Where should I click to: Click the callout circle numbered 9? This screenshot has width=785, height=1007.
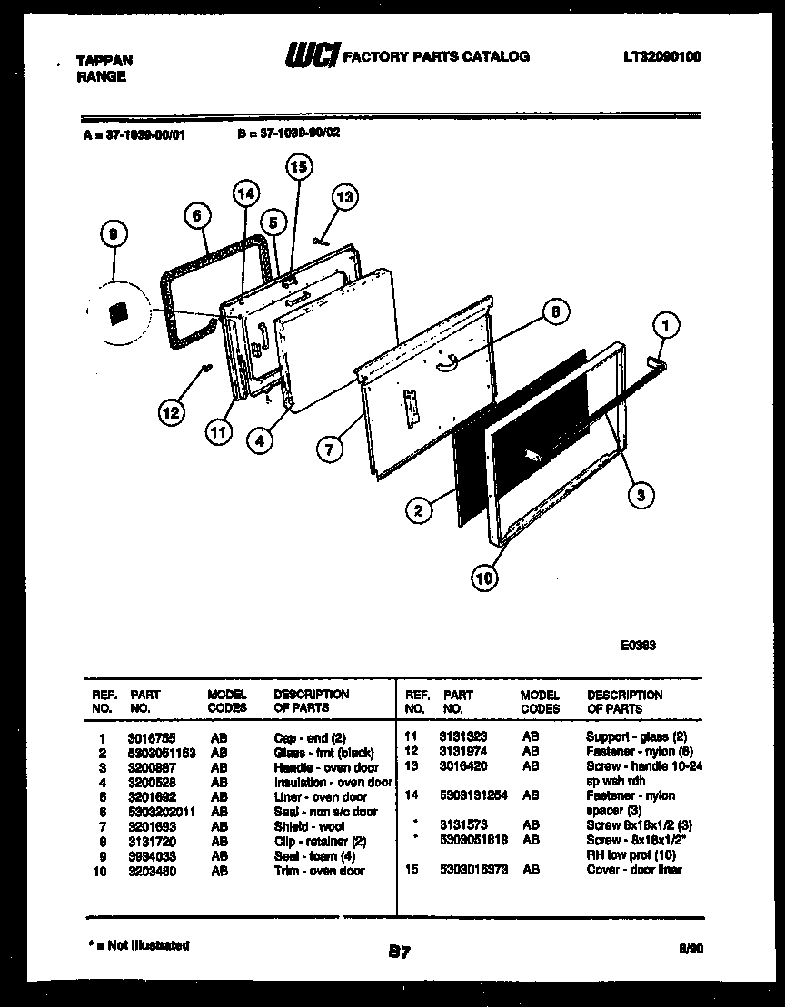pyautogui.click(x=113, y=234)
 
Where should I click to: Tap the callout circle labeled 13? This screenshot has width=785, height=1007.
pyautogui.click(x=344, y=196)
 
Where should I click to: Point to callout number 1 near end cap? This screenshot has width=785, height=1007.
pyautogui.click(x=667, y=324)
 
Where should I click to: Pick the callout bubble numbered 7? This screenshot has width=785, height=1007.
pyautogui.click(x=332, y=448)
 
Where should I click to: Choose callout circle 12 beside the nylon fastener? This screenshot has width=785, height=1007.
pyautogui.click(x=171, y=413)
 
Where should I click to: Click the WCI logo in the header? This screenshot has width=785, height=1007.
pyautogui.click(x=312, y=57)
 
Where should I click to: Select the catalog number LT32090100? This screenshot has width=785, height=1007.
pyautogui.click(x=661, y=56)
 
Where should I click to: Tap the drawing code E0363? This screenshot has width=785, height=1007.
pyautogui.click(x=638, y=647)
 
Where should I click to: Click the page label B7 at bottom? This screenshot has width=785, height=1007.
pyautogui.click(x=399, y=952)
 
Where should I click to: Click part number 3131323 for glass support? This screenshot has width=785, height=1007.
pyautogui.click(x=463, y=737)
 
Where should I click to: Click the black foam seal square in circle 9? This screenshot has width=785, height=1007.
pyautogui.click(x=115, y=313)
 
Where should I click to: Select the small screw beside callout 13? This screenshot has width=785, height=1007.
pyautogui.click(x=318, y=240)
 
